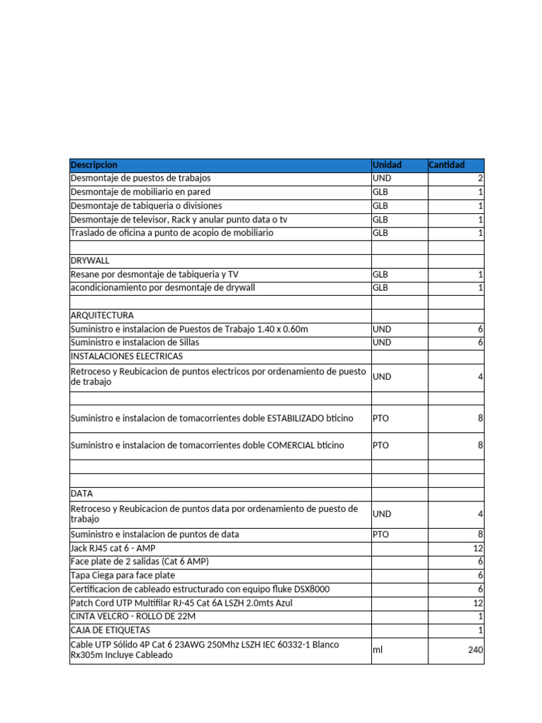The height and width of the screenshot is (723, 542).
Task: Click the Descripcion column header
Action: click(x=94, y=165)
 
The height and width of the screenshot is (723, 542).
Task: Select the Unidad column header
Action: click(x=386, y=165)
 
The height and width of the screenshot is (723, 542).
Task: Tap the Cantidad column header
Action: click(x=447, y=165)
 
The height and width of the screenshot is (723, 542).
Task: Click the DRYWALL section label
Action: click(x=90, y=261)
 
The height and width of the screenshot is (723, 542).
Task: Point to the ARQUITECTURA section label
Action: click(x=102, y=316)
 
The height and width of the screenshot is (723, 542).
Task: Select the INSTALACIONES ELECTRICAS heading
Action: click(x=126, y=357)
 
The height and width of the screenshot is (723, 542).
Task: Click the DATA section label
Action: click(x=82, y=494)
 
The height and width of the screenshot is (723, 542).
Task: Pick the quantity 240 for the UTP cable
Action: click(x=475, y=650)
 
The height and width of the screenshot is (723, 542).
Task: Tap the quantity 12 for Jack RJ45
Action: click(x=478, y=549)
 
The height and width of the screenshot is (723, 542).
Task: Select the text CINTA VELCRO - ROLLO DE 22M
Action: click(x=133, y=616)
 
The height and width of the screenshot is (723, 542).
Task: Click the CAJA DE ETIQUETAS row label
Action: click(x=110, y=630)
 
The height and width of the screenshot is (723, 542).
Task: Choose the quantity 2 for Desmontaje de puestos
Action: click(x=481, y=179)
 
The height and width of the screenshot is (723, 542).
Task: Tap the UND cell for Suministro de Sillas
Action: click(x=381, y=342)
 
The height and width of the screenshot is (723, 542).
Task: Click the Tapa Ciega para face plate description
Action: click(x=123, y=575)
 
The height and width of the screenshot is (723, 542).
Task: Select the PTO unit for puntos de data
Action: click(x=380, y=534)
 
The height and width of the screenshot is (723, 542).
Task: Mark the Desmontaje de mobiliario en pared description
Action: click(x=140, y=192)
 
